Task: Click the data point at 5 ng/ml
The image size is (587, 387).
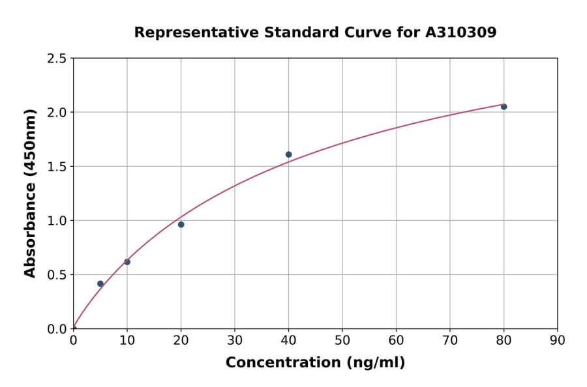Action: click(x=100, y=283)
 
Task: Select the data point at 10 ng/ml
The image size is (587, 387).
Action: click(x=127, y=262)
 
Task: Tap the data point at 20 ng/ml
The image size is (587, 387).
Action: click(x=181, y=224)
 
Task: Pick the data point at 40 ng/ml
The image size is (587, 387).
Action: click(x=288, y=154)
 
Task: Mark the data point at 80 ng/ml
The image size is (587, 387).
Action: click(x=504, y=106)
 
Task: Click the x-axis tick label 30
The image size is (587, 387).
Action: click(x=235, y=340)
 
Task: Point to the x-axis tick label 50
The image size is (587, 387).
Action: click(x=342, y=340)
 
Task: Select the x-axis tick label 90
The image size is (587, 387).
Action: click(x=557, y=340)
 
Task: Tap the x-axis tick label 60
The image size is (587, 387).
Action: click(x=396, y=340)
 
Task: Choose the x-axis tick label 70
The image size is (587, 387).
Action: click(x=449, y=340)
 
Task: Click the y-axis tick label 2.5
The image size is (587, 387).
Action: click(x=57, y=59)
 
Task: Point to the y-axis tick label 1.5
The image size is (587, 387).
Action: click(x=57, y=167)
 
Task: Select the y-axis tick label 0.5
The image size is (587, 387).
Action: click(x=57, y=275)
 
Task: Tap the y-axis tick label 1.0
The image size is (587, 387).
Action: click(x=57, y=221)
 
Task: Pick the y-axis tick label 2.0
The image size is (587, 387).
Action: click(x=57, y=113)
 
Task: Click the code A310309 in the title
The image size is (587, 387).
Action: click(x=460, y=33)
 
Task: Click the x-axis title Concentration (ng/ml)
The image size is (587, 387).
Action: click(x=315, y=363)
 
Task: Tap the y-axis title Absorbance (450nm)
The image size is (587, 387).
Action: click(x=30, y=193)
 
